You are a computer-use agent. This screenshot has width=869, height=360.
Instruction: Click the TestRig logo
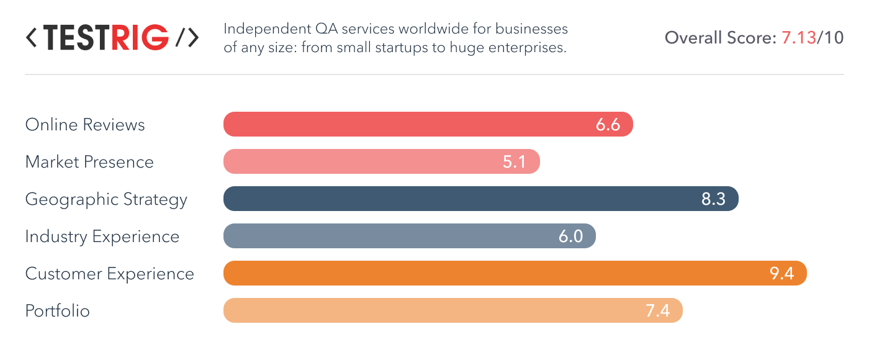[112, 38]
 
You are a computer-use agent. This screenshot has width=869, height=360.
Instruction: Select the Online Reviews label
[85, 125]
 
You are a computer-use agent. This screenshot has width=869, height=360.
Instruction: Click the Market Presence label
[89, 162]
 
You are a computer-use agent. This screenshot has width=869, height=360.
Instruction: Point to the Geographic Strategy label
[106, 199]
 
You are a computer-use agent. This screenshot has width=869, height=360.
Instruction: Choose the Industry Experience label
[102, 236]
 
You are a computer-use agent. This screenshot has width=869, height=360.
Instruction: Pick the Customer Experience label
[110, 274]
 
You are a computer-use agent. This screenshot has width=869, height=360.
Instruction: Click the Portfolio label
[58, 311]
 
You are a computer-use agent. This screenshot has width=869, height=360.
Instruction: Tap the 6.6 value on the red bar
[608, 125]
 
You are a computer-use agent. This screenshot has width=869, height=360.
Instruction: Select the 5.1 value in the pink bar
[515, 162]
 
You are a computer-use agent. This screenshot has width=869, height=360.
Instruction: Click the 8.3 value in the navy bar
[713, 199]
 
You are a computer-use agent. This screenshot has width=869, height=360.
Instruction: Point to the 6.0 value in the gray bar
[570, 236]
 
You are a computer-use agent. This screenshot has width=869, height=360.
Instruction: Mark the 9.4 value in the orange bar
[781, 274]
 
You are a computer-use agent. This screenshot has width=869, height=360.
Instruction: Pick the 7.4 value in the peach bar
[657, 311]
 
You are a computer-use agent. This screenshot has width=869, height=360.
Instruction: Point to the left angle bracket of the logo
[31, 38]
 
